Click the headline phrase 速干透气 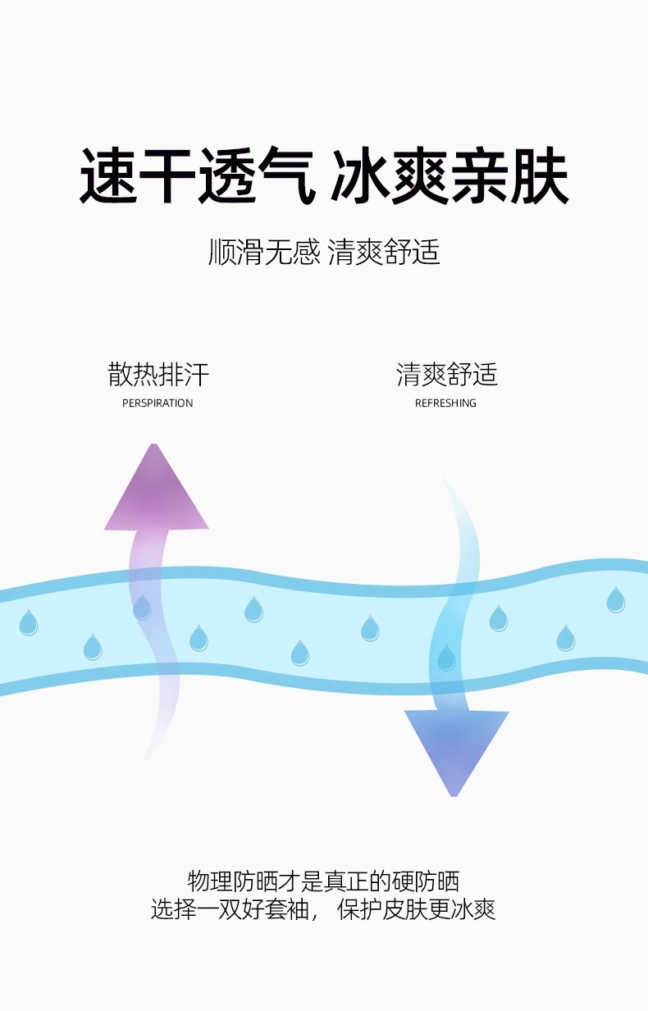point(197,175)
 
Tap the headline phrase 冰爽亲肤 point(449,175)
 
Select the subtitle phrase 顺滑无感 point(263,252)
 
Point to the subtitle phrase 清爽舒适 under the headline point(384,252)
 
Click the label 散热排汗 point(158,375)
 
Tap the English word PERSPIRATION point(157,403)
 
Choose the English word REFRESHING point(445,403)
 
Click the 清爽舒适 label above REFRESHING point(447,375)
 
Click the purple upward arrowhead point(156,492)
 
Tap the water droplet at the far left point(29,623)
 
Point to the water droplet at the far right point(615,599)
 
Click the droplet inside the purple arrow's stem point(143,608)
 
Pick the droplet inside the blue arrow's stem point(446,658)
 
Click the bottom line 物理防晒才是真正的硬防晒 point(323,881)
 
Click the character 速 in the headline point(108,175)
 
